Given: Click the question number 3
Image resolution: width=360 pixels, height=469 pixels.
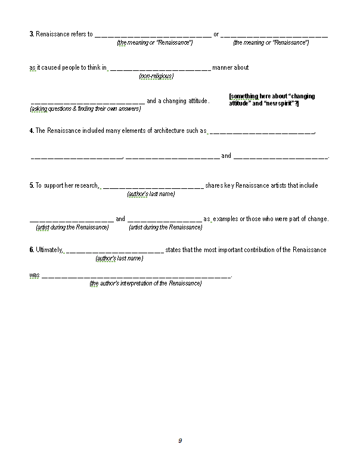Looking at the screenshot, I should click(x=31, y=34).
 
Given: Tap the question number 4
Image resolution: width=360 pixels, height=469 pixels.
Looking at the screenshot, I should click(x=31, y=131).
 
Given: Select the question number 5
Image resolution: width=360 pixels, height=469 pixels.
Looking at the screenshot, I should click(x=31, y=185).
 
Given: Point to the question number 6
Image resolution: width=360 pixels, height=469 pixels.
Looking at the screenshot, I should click(x=31, y=250).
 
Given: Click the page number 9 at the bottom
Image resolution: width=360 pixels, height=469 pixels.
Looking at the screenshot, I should click(x=180, y=441).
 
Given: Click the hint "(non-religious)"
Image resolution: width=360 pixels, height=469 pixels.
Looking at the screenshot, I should click(x=156, y=76).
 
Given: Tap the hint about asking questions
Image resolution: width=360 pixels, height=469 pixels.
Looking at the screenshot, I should click(x=85, y=109).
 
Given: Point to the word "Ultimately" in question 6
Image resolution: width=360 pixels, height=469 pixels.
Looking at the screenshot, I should click(x=48, y=250).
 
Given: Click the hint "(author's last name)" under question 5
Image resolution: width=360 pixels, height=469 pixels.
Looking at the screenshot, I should click(x=151, y=194).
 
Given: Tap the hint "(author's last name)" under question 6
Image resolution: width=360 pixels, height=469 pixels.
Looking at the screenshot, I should click(x=119, y=259).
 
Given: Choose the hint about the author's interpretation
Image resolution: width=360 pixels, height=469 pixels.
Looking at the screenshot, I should click(x=145, y=284).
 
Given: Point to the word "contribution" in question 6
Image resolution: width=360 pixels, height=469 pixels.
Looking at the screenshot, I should click(x=257, y=250).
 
